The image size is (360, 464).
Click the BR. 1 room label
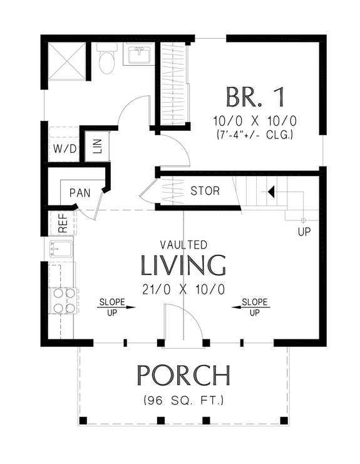click(255, 97)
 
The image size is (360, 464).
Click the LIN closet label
click(97, 146)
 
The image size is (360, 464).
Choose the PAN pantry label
click(80, 192)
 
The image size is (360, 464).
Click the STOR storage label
click(205, 190)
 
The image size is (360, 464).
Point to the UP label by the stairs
click(304, 232)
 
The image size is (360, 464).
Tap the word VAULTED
click(183, 245)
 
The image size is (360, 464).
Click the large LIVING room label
click(183, 266)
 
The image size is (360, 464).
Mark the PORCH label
click(183, 375)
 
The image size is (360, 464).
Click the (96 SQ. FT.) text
click(183, 399)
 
